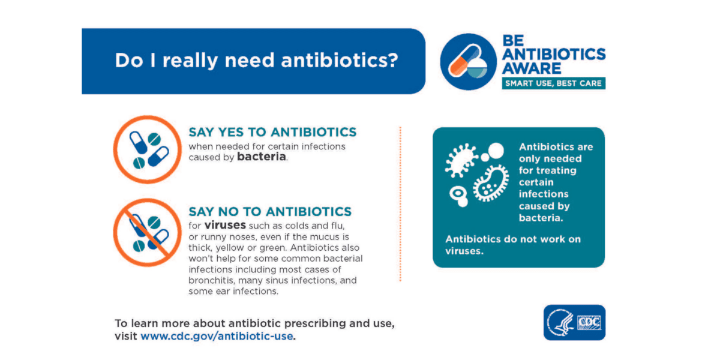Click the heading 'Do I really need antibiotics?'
pyautogui.click(x=256, y=61)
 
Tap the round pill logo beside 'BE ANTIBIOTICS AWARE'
pyautogui.click(x=469, y=62)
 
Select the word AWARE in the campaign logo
pyautogui.click(x=532, y=68)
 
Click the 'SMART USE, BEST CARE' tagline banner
pyautogui.click(x=553, y=83)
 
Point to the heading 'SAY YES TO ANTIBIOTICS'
pyautogui.click(x=272, y=132)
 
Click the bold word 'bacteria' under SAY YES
pyautogui.click(x=262, y=158)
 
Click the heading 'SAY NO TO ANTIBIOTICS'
pyautogui.click(x=270, y=212)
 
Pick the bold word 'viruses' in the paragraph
pyautogui.click(x=225, y=226)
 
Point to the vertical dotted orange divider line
pyautogui.click(x=400, y=204)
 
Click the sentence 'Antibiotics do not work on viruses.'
pyautogui.click(x=513, y=245)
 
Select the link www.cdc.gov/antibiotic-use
pyautogui.click(x=217, y=336)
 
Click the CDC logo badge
pyautogui.click(x=574, y=323)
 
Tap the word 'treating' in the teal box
pyautogui.click(x=556, y=170)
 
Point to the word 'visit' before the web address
pyautogui.click(x=126, y=336)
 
